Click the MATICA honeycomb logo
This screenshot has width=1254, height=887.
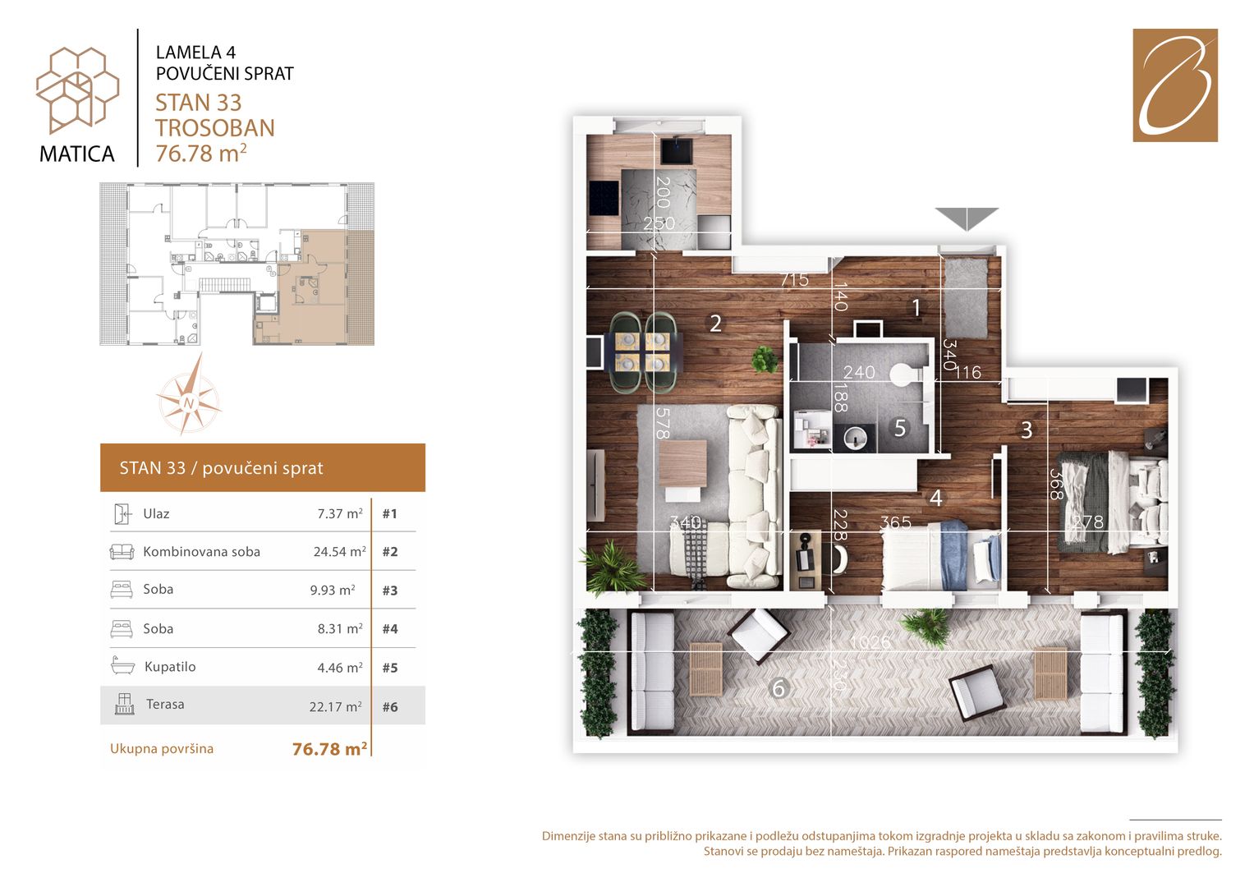[x=77, y=90]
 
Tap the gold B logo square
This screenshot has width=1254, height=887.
[x=1175, y=85]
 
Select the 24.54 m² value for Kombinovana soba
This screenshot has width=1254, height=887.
[x=340, y=552]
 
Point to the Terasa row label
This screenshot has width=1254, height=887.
[x=165, y=704]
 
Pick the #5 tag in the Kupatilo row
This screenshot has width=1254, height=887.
[x=390, y=668]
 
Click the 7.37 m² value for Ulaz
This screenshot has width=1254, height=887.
[x=340, y=513]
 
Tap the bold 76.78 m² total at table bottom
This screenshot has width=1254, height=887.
[x=330, y=749]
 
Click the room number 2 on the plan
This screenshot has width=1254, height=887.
[x=715, y=323]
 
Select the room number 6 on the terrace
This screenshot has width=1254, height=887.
[x=779, y=688]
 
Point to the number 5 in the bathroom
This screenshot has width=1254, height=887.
[x=899, y=428]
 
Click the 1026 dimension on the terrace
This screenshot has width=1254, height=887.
[x=870, y=641]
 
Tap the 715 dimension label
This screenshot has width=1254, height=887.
[x=794, y=279]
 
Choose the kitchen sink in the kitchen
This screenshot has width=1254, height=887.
[x=678, y=151]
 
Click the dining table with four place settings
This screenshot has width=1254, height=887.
[x=644, y=352]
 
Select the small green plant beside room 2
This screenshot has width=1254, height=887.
[x=764, y=359]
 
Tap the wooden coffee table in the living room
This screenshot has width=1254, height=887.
[x=682, y=464]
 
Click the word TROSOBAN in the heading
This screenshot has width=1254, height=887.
[x=215, y=128]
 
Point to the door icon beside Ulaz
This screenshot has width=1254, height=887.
[x=122, y=513]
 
